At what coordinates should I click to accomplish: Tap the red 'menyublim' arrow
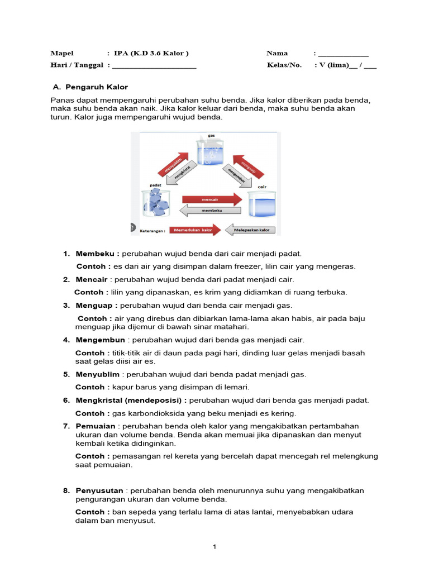click(173, 161)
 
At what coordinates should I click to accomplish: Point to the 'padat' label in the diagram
click(156, 184)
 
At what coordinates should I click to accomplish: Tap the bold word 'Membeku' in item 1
click(97, 254)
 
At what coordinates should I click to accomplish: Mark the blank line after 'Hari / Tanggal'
click(154, 66)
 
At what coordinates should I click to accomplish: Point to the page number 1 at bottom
click(214, 547)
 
